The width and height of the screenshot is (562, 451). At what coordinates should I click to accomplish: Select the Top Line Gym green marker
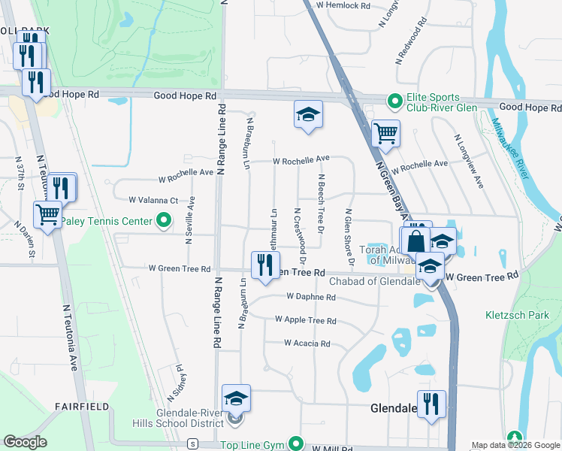coord(296,445)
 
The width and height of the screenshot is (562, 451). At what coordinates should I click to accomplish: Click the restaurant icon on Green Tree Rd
coord(265,266)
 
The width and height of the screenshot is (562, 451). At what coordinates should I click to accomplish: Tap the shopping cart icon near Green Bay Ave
coord(385,134)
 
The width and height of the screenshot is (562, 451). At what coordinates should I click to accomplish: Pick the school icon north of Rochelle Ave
coord(308,115)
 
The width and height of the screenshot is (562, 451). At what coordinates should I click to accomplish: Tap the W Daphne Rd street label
coord(310,297)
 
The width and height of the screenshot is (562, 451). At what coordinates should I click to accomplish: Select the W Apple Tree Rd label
coord(305,320)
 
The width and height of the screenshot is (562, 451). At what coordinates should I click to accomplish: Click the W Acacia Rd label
coord(307,344)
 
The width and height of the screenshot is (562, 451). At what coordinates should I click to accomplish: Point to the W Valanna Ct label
coord(153,201)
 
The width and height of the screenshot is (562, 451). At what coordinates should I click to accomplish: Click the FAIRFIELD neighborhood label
coord(82,407)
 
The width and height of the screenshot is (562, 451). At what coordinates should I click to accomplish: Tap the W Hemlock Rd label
coord(343,5)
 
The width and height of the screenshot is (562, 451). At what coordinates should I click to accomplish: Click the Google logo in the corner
coord(26,442)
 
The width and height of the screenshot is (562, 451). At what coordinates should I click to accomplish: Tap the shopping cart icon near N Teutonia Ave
coord(48,215)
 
